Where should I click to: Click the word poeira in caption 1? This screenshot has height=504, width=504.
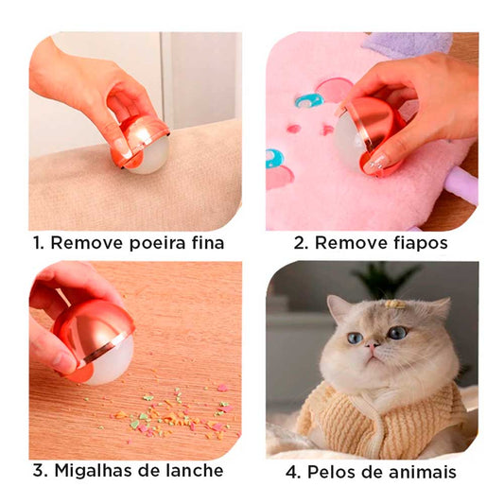pyautogui.click(x=157, y=243)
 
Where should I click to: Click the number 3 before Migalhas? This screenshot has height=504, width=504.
pyautogui.click(x=40, y=471)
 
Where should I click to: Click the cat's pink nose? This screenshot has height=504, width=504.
pyautogui.click(x=372, y=345)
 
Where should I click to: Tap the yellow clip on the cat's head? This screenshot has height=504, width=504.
pyautogui.click(x=395, y=304)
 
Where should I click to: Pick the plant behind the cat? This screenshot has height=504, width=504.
pyautogui.click(x=386, y=279)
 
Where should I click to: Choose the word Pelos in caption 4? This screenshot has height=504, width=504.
pyautogui.click(x=331, y=472)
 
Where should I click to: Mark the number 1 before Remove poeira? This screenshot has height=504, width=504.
pyautogui.click(x=38, y=243)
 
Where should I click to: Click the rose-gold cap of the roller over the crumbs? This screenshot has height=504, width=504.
pyautogui.click(x=94, y=331)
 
